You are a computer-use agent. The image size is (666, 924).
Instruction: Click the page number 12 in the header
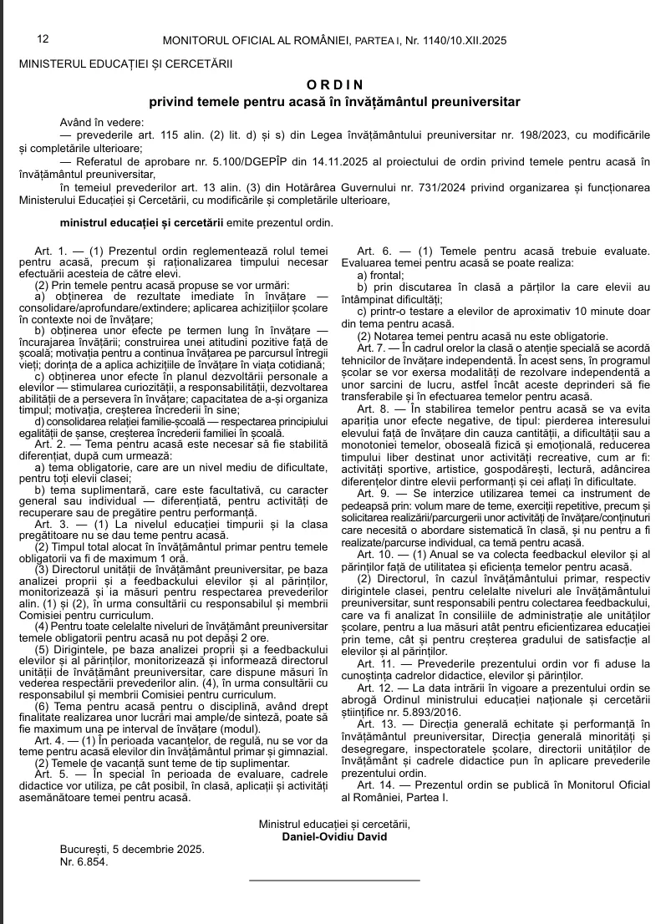click(43, 39)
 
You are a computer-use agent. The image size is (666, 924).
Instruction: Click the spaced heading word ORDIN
click(334, 84)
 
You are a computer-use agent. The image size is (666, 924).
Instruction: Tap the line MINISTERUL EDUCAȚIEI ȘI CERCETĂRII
click(125, 63)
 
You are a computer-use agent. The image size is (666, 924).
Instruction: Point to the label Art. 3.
click(50, 524)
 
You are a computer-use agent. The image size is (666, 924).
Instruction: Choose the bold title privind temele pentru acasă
click(334, 102)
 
